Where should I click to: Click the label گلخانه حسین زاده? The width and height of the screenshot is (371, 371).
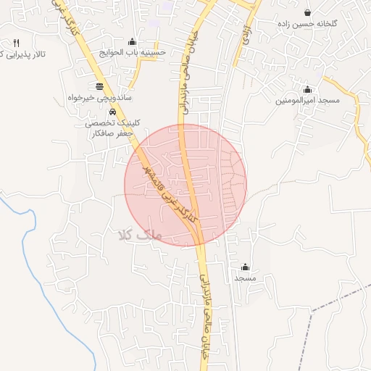[307, 24]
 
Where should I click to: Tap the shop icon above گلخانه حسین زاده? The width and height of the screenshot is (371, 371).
[308, 13]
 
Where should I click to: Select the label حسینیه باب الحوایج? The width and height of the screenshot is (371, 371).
[137, 52]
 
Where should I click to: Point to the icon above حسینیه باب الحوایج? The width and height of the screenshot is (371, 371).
[131, 41]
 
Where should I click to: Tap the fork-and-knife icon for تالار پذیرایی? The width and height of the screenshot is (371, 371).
[16, 43]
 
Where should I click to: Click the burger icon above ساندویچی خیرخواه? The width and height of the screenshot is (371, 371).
[99, 86]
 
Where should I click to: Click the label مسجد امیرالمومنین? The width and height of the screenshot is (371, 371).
[307, 100]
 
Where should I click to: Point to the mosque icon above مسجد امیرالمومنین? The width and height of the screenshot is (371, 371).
[308, 90]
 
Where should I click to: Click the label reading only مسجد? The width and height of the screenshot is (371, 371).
[245, 278]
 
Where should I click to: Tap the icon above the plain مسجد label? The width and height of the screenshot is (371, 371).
[245, 267]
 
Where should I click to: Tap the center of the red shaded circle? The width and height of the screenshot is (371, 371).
[185, 185]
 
